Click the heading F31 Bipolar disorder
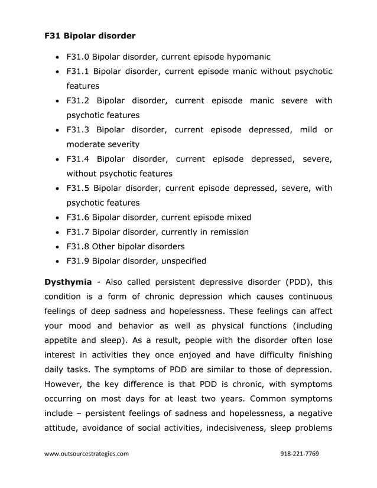coord(90,36)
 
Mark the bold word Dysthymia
coord(67,282)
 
